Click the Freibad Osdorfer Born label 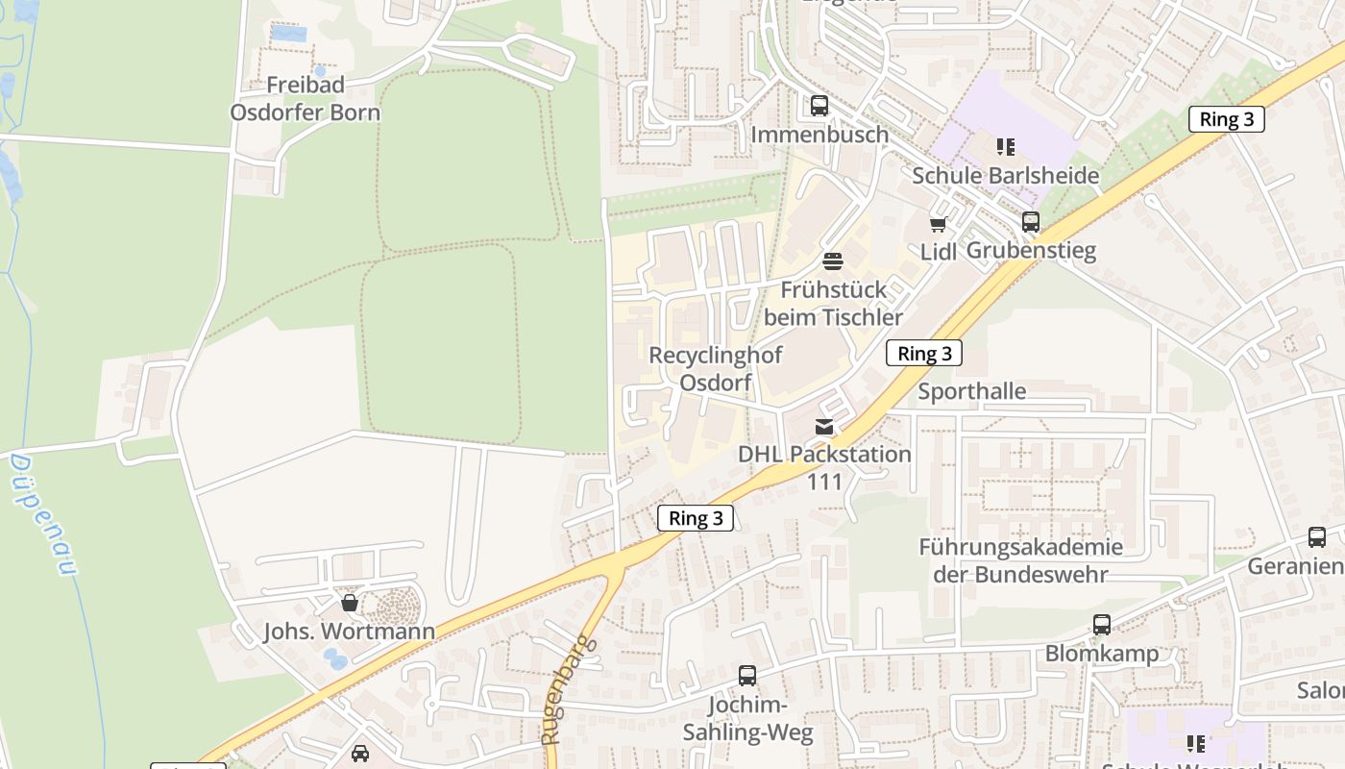[305, 98]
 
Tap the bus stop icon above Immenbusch [819, 106]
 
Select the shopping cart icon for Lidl [938, 224]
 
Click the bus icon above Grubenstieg [1031, 222]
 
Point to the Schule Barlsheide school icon [1005, 147]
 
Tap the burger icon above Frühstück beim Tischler [833, 260]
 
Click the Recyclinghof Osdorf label [715, 368]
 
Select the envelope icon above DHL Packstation [824, 426]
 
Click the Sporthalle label [971, 391]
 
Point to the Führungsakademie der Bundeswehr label [1020, 560]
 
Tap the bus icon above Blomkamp [1102, 625]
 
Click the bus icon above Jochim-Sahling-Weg [747, 676]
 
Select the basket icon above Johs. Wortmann [350, 603]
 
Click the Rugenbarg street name [568, 689]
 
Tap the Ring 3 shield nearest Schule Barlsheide [1226, 119]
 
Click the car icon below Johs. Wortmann [360, 753]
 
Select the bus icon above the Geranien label [1317, 537]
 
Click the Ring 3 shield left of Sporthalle [923, 353]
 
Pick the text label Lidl [939, 252]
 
